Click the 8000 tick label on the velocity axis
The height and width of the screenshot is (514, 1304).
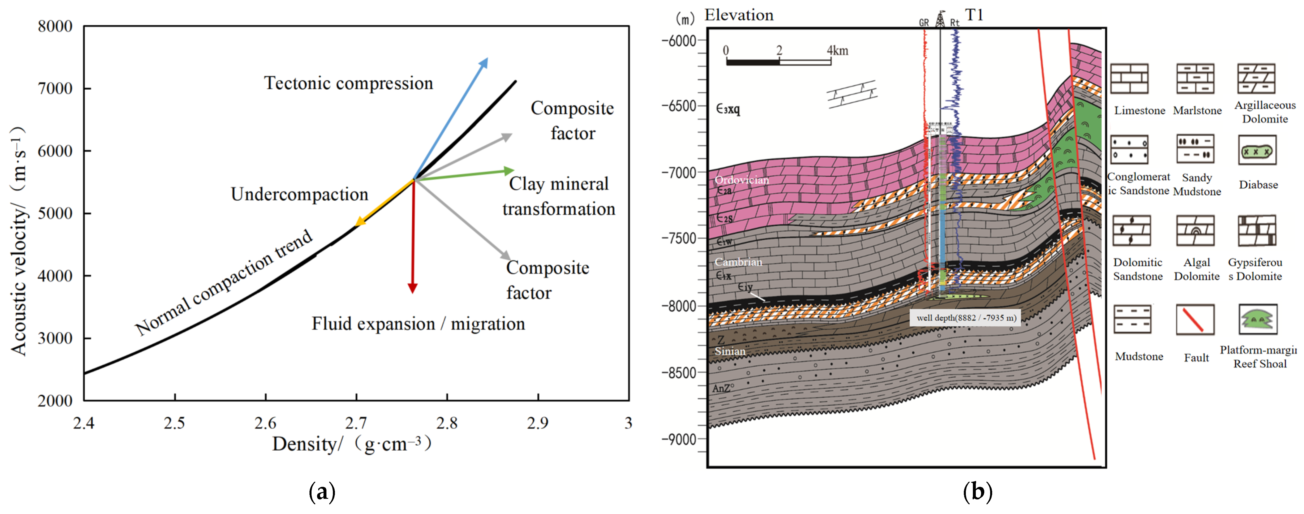tap(55, 26)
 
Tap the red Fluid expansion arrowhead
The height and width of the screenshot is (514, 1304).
tap(413, 288)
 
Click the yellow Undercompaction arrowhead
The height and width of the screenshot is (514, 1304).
tap(360, 222)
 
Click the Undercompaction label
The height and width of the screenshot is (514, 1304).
tap(299, 194)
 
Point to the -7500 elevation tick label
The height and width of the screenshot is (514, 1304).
tap(679, 238)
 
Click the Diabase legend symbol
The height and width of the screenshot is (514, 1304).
tap(1258, 150)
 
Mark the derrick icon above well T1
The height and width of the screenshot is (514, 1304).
tap(940, 19)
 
